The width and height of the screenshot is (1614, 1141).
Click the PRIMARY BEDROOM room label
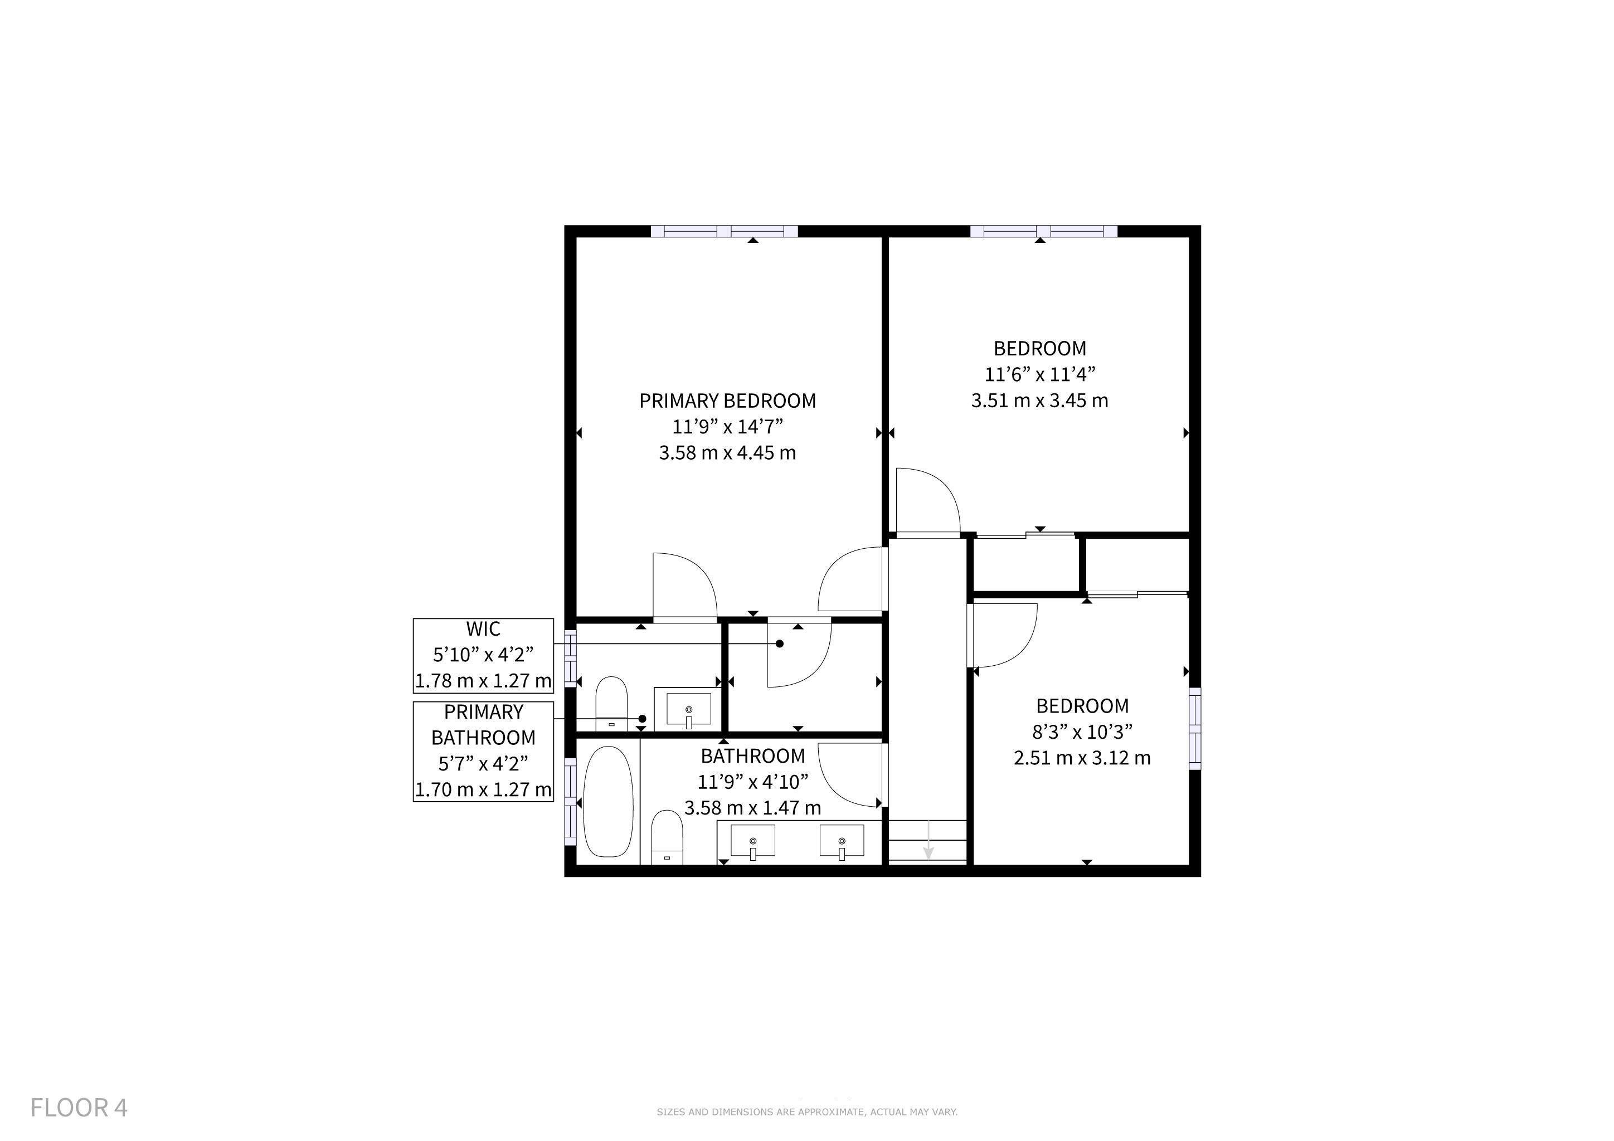[727, 401]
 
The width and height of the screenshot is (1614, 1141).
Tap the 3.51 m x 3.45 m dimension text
[1039, 401]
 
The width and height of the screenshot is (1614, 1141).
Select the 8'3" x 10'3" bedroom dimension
[1082, 732]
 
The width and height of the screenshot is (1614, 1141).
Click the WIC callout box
[483, 656]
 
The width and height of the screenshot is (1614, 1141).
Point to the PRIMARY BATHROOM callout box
[483, 751]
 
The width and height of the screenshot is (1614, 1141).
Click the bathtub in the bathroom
[608, 802]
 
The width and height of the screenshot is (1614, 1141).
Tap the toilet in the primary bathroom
[611, 703]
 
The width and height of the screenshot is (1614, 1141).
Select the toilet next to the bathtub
[667, 837]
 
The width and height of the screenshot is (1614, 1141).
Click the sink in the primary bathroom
[689, 710]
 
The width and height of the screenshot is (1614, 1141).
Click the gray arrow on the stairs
[928, 840]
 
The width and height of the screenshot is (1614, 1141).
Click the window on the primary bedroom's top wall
[724, 231]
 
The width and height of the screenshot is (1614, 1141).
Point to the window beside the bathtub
[571, 801]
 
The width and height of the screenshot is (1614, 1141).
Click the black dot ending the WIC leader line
[780, 643]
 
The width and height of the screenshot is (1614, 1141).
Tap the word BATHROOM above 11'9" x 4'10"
[753, 756]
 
